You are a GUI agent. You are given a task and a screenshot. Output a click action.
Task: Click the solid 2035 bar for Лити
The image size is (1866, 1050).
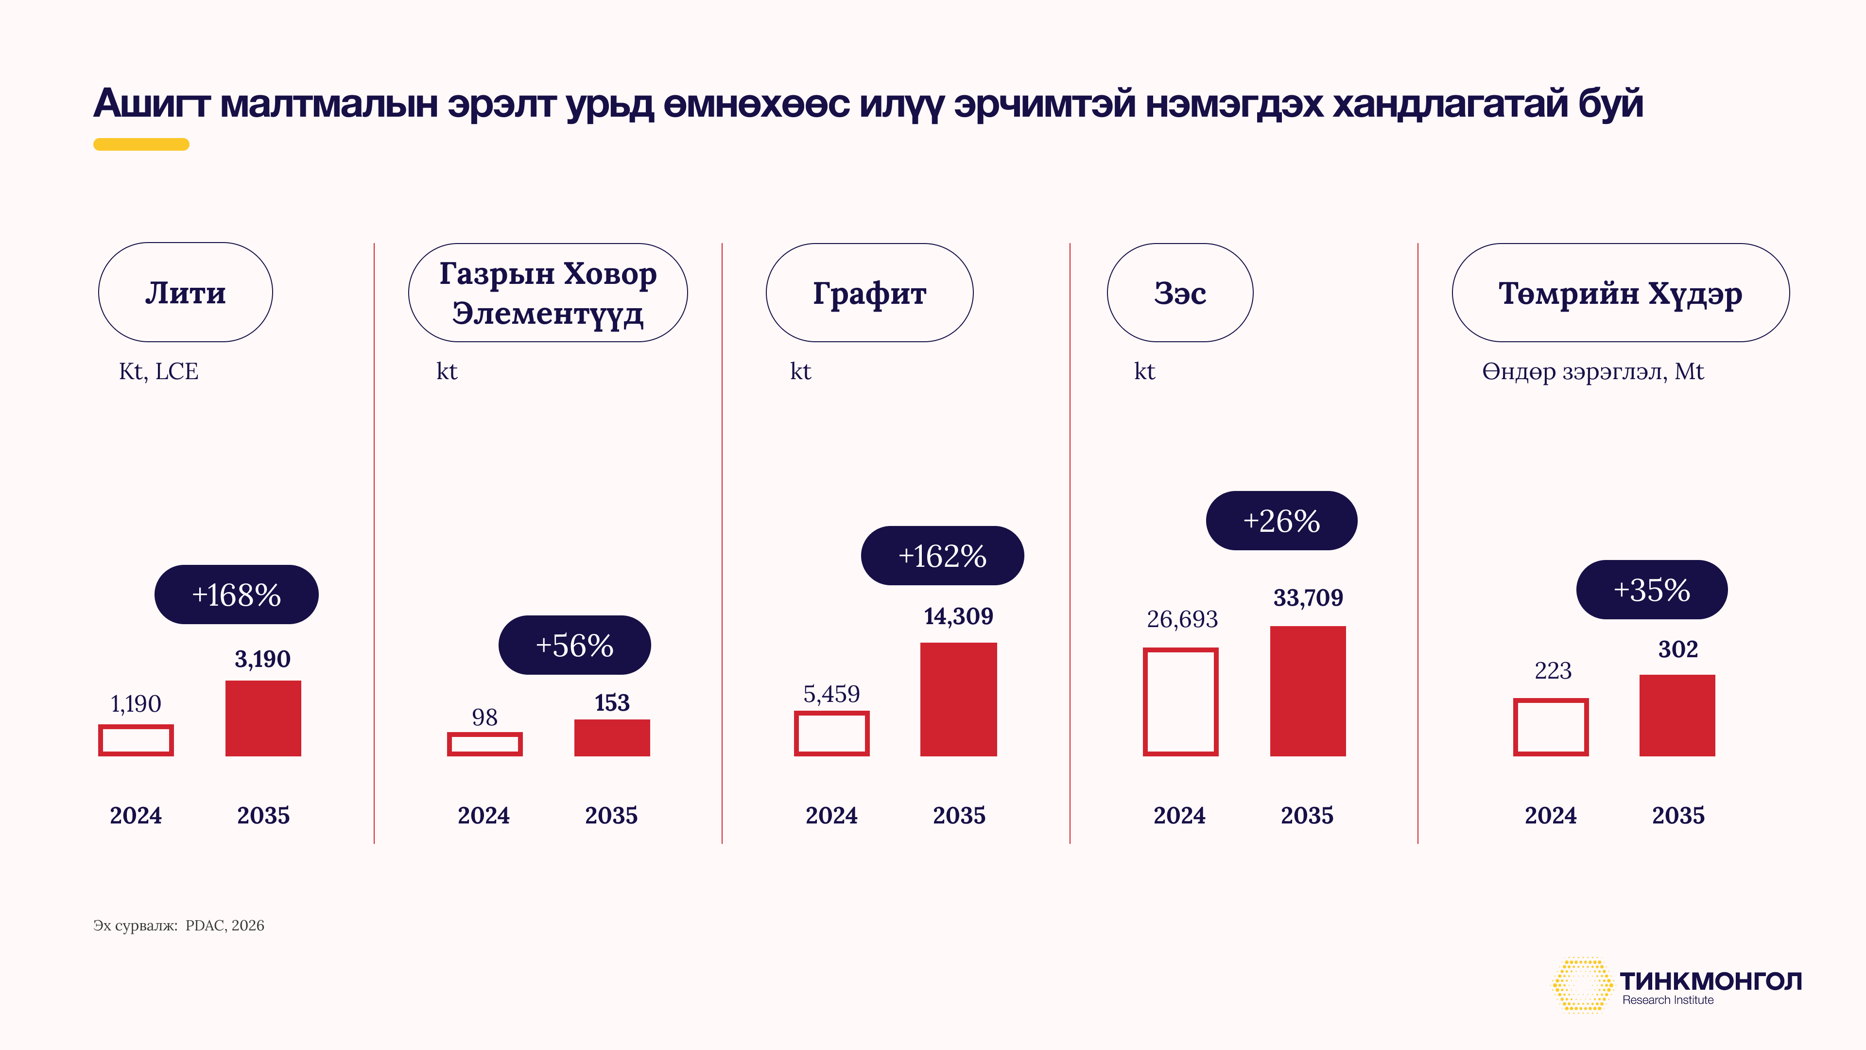coord(263,718)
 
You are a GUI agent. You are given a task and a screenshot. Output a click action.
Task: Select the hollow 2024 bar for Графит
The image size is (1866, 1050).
coord(831,734)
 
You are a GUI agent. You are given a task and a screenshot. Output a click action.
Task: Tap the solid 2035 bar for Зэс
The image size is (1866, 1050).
coord(1308,691)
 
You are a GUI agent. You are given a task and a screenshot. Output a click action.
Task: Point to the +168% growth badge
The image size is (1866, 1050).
coord(236,594)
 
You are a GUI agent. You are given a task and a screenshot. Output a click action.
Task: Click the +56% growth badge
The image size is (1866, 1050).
coord(574,645)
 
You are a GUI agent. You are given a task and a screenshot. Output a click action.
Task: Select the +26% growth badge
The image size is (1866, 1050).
coord(1281,520)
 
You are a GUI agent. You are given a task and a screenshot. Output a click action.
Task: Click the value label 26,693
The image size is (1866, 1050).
coord(1182,619)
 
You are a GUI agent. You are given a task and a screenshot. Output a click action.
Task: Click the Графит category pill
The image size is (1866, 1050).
coord(869,293)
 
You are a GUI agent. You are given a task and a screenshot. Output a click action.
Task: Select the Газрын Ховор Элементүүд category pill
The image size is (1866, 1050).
coord(548,293)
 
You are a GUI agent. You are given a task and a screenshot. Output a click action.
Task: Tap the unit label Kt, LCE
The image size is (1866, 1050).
coord(158,371)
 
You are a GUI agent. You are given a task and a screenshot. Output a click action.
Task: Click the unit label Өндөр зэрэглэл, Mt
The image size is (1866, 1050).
coord(1592,371)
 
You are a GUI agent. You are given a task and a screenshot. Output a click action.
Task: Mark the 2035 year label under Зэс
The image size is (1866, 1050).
coord(1307,815)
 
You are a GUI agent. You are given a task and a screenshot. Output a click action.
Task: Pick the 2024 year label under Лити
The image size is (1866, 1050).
coord(136,815)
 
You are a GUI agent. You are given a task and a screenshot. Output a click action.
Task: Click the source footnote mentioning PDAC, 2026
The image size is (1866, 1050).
coord(179,926)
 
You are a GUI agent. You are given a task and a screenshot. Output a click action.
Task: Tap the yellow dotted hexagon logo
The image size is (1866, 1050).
coord(1582,985)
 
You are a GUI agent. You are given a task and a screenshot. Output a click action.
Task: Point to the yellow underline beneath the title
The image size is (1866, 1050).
coord(141,144)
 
